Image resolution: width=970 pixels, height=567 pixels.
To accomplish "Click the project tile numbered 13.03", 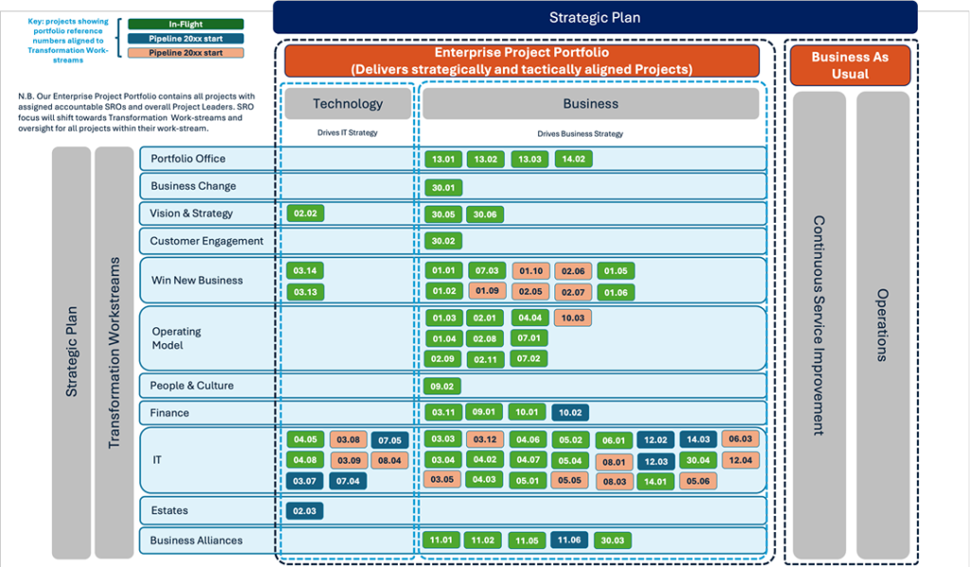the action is click(x=530, y=159).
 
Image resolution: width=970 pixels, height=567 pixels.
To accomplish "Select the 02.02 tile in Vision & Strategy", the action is click(x=305, y=213).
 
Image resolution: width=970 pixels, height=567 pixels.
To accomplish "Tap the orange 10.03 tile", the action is click(x=573, y=319).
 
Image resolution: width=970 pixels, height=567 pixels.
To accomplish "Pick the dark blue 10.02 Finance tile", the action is click(x=569, y=412).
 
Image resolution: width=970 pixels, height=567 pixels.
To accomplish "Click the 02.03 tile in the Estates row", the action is click(x=304, y=511).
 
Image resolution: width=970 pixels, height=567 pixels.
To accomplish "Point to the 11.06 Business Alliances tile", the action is click(x=569, y=540).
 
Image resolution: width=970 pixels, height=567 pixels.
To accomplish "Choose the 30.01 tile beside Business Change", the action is click(x=443, y=188).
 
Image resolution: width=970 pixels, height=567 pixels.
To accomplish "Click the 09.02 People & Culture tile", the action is click(x=441, y=386).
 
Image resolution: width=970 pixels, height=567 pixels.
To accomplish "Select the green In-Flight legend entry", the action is click(x=186, y=24).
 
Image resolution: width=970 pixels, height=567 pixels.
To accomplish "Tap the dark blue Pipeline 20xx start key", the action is click(x=186, y=38).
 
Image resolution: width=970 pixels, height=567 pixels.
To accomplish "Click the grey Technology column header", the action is click(x=348, y=103).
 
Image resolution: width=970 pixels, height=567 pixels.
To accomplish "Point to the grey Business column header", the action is click(x=591, y=103).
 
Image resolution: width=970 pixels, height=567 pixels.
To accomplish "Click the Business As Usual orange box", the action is click(x=850, y=65).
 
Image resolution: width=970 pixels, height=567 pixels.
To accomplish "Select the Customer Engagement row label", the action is click(x=207, y=241).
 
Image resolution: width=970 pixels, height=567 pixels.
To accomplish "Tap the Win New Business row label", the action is click(x=197, y=281).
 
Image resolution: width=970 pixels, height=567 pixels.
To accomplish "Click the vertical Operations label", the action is click(x=883, y=325).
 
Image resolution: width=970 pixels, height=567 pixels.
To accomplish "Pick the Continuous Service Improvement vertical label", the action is click(x=819, y=325).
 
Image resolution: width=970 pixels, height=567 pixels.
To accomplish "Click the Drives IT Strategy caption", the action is click(x=347, y=133).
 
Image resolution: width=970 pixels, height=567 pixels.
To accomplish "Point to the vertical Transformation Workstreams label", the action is click(x=114, y=353).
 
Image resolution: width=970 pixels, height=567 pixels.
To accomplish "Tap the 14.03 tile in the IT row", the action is click(x=698, y=440).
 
